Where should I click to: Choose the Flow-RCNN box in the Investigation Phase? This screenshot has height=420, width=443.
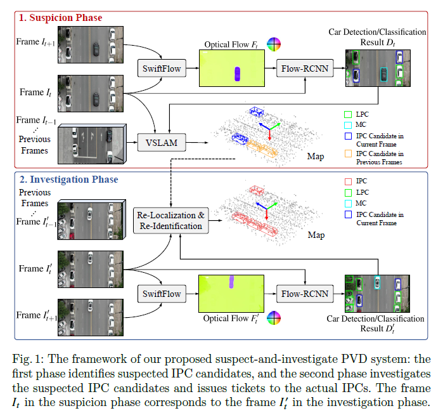[305, 294]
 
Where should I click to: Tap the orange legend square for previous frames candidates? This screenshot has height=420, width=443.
[347, 153]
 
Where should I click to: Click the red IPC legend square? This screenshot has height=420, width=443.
[347, 181]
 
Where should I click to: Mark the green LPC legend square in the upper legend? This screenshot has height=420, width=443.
[347, 114]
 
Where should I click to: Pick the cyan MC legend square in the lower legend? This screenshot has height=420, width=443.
[347, 202]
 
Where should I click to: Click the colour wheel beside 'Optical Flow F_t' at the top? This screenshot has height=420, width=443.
[273, 44]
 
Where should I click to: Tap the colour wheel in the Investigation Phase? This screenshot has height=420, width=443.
[273, 317]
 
